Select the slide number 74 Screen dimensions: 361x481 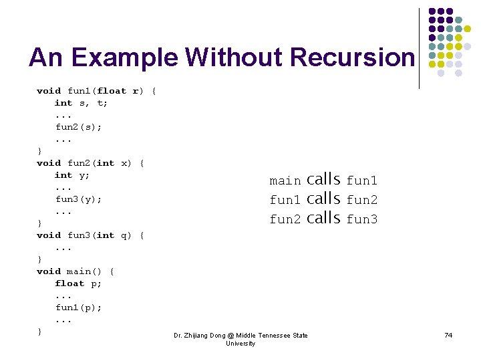click(448, 335)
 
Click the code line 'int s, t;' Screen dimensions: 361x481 click(82, 103)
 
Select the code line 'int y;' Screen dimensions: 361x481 click(72, 175)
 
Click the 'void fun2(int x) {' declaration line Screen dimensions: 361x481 click(91, 163)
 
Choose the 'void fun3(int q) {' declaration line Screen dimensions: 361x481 click(91, 235)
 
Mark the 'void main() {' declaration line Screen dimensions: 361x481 click(75, 271)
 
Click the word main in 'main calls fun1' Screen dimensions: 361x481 click(285, 180)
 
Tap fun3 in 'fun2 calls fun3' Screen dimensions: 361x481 click(362, 219)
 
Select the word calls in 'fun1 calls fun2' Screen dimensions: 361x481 click(323, 199)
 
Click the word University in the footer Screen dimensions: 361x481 click(240, 344)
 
